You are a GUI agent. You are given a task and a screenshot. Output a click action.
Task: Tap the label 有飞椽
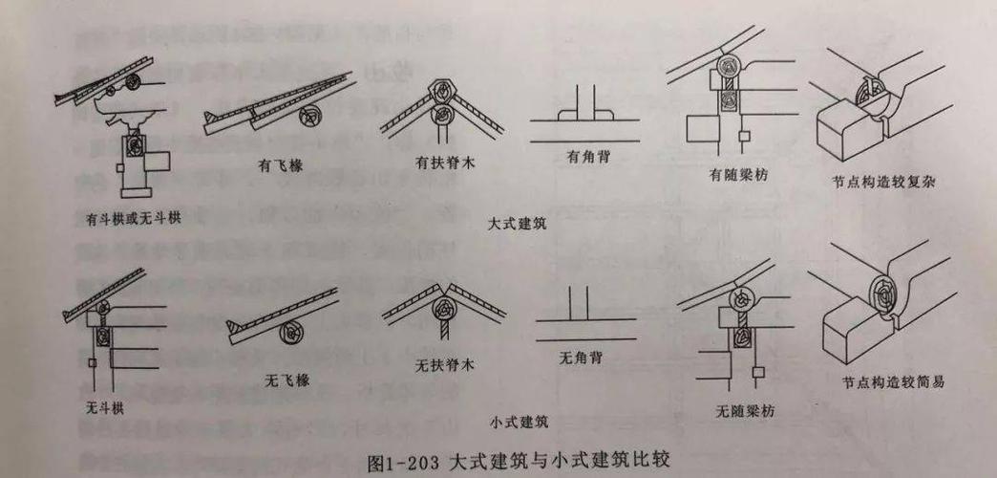click(278, 164)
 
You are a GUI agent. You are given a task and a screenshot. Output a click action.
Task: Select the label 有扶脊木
click(445, 163)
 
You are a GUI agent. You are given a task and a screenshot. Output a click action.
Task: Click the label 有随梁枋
click(738, 175)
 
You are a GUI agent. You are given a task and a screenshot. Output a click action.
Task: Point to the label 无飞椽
click(286, 380)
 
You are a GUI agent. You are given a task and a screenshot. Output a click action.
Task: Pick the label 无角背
click(585, 358)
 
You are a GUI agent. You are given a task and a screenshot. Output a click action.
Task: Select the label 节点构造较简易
click(893, 381)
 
